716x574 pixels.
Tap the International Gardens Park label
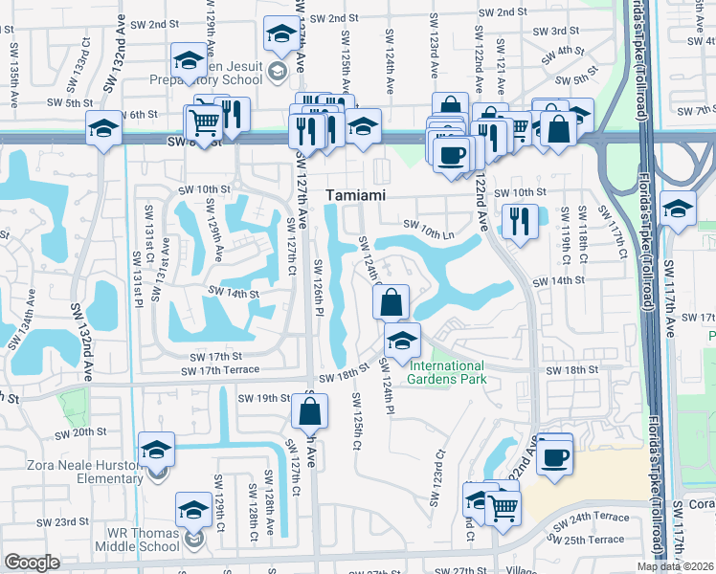pyautogui.click(x=447, y=372)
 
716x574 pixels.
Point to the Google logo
pyautogui.click(x=32, y=563)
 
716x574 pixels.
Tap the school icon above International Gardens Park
pyautogui.click(x=403, y=340)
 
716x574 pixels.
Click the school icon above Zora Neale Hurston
pyautogui.click(x=157, y=449)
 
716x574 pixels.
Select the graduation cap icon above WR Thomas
pyautogui.click(x=194, y=509)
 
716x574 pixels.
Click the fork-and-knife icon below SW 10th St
pyautogui.click(x=519, y=223)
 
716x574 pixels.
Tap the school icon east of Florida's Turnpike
pyautogui.click(x=678, y=210)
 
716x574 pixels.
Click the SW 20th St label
pyautogui.click(x=80, y=432)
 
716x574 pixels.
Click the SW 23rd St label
pyautogui.click(x=65, y=522)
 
